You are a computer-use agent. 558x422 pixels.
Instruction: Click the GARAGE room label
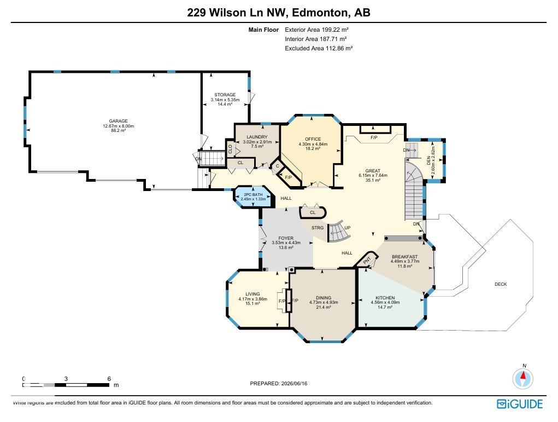point(118,121)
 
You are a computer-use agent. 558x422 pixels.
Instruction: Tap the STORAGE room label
point(225,95)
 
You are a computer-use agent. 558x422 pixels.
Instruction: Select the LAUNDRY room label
point(257,137)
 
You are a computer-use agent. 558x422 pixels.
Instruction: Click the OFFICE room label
point(313,139)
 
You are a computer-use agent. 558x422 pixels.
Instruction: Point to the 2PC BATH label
point(253,195)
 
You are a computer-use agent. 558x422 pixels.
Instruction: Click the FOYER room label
point(286,238)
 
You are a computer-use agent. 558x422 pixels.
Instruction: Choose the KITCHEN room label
point(385,298)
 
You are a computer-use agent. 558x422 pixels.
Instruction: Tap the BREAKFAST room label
point(404,257)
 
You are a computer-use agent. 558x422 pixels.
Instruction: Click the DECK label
point(501,284)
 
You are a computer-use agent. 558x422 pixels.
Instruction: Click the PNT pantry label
point(367,260)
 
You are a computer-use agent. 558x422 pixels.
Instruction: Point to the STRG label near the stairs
point(318,228)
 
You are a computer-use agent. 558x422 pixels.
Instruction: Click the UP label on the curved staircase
point(348,228)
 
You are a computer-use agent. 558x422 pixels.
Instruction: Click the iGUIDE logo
point(520,404)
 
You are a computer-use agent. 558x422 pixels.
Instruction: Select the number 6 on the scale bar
point(109,379)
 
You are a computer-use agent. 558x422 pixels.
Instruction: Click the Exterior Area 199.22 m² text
point(316,30)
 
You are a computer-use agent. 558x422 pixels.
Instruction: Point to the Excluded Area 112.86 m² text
point(319,49)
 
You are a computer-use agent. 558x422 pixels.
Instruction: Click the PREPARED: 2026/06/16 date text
point(279,384)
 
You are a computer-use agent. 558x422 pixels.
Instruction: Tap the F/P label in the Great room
point(374,137)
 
